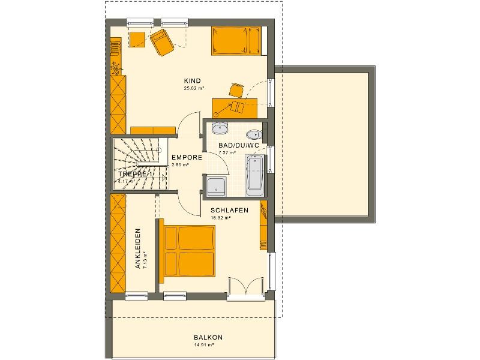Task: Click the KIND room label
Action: tap(192, 80)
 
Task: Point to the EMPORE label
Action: tap(182, 157)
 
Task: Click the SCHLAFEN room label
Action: tap(229, 211)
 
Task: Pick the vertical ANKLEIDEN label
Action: tap(137, 248)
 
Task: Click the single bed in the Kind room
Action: tap(236, 41)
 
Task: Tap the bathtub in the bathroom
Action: tap(254, 175)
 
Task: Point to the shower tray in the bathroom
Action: tap(215, 186)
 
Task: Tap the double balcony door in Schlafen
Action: tap(245, 288)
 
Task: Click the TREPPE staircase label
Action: tap(132, 174)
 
